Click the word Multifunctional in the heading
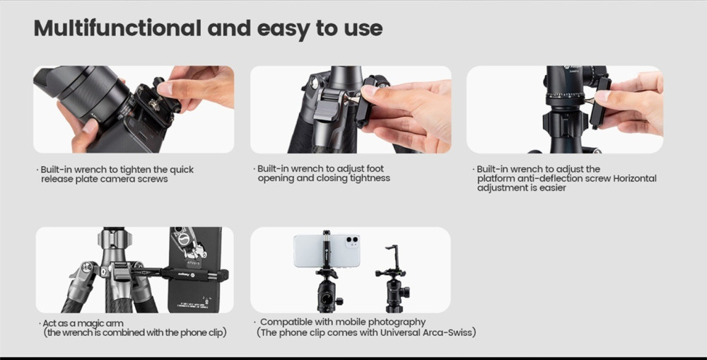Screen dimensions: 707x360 click(117, 28)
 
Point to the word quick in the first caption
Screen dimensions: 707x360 click(182, 170)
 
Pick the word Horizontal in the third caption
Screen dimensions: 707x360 click(634, 179)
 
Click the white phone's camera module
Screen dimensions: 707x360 click(352, 241)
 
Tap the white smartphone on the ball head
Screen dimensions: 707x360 click(327, 250)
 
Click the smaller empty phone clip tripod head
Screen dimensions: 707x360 click(392, 279)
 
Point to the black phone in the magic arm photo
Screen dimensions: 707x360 click(195, 269)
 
